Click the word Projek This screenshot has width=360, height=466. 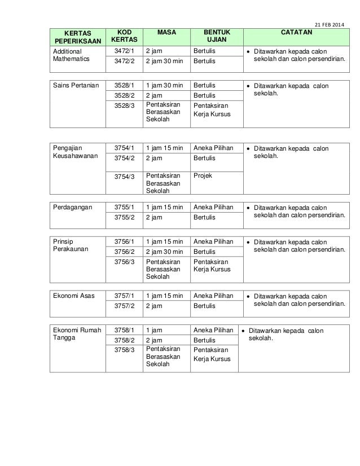click(203, 176)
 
